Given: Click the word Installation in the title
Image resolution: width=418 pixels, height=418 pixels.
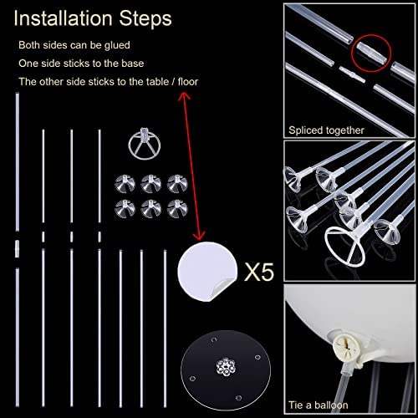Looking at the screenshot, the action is pyautogui.click(x=63, y=18).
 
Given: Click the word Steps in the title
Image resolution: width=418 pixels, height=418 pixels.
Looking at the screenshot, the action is pyautogui.click(x=145, y=19).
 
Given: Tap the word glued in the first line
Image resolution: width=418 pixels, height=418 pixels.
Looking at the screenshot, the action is pyautogui.click(x=117, y=45).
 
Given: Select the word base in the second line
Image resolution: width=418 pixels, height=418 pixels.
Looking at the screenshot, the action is pyautogui.click(x=133, y=64).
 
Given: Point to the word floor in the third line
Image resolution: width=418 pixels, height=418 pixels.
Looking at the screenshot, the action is pyautogui.click(x=188, y=82).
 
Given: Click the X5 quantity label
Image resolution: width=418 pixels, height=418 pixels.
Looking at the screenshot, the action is pyautogui.click(x=259, y=272).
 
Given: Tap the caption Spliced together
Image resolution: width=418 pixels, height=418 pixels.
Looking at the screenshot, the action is pyautogui.click(x=326, y=130).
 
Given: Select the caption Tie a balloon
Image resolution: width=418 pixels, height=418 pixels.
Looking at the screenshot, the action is pyautogui.click(x=319, y=405).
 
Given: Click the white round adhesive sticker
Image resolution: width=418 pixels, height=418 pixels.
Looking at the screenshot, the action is pyautogui.click(x=207, y=271).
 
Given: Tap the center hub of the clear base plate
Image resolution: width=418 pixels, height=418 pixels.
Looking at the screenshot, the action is pyautogui.click(x=226, y=366).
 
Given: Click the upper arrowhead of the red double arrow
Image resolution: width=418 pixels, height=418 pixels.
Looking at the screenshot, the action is pyautogui.click(x=184, y=96).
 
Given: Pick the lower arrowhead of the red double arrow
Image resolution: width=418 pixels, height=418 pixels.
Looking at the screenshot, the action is pyautogui.click(x=199, y=236).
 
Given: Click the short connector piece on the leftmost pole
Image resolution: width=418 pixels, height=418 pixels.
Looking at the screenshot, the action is pyautogui.click(x=18, y=248).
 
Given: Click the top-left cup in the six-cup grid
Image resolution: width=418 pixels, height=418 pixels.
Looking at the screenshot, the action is pyautogui.click(x=125, y=183).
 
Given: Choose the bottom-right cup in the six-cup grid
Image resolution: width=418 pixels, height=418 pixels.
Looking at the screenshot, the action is pyautogui.click(x=177, y=208).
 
